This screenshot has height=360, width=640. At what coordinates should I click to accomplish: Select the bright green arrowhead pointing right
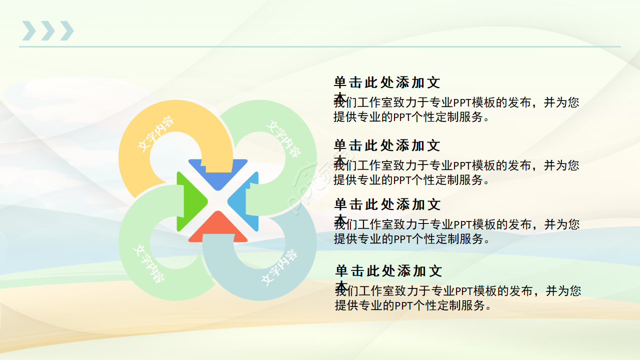(x=190, y=201)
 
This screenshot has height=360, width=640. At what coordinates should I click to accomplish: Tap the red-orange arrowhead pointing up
(x=218, y=229)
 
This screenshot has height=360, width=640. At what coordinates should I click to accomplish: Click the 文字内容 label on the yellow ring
(x=155, y=134)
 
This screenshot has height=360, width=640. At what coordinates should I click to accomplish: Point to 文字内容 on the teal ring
(x=279, y=267)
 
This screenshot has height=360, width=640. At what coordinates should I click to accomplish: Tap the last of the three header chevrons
(x=66, y=31)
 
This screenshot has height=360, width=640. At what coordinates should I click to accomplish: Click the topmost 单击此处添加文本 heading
(x=386, y=83)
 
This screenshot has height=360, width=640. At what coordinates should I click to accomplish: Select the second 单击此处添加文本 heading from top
(x=386, y=146)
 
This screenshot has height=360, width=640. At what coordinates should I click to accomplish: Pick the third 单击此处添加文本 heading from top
(x=386, y=205)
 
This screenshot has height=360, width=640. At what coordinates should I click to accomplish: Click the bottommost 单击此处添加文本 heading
(x=388, y=271)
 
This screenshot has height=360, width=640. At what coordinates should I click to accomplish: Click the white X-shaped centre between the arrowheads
(x=218, y=201)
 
